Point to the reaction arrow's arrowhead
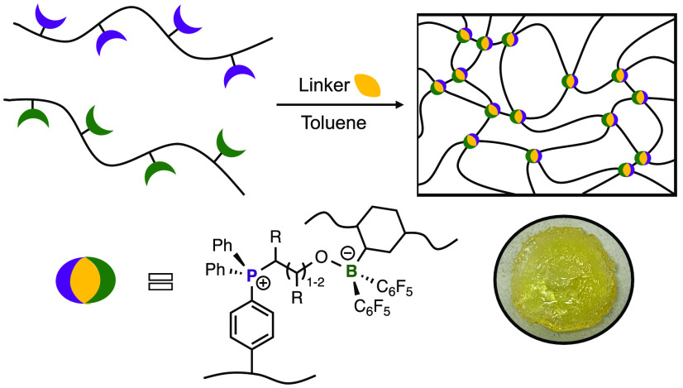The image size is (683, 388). pyautogui.click(x=402, y=105)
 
